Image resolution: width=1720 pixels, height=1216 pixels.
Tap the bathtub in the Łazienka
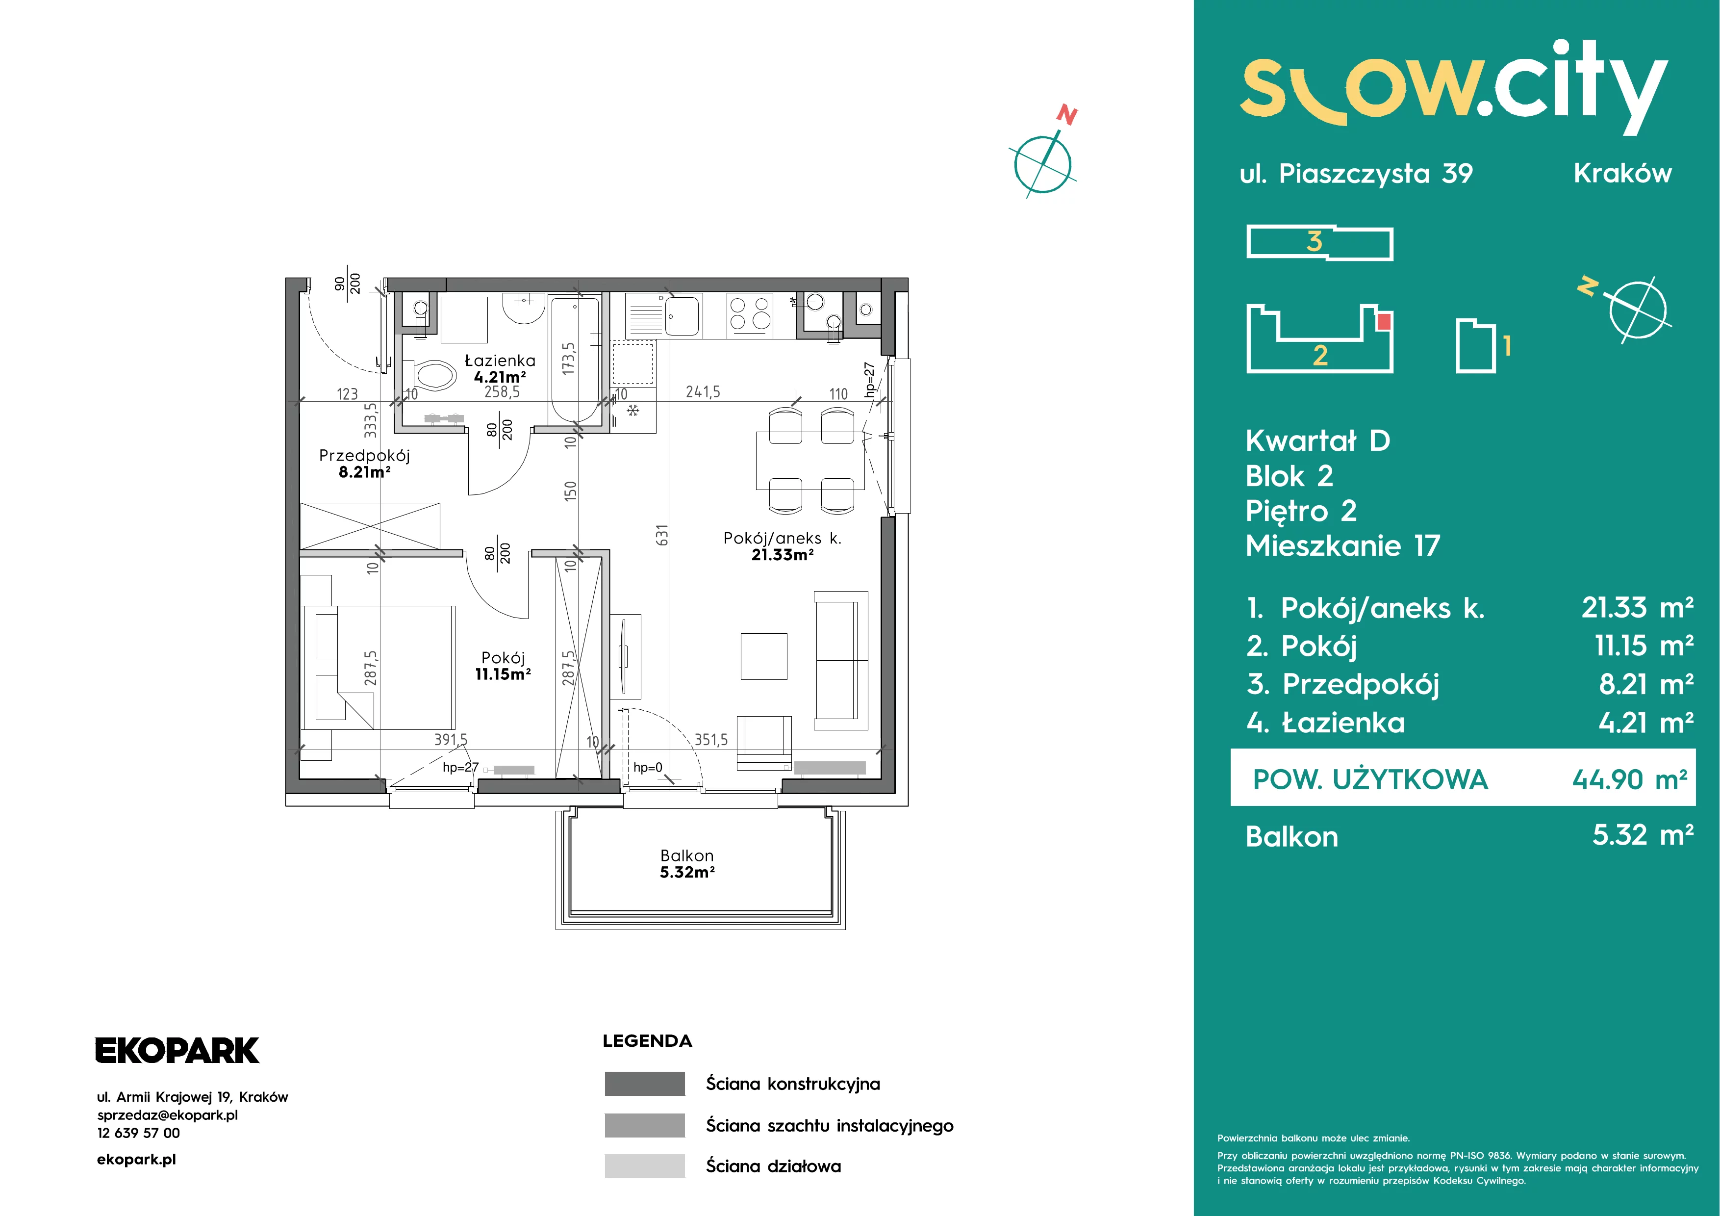point(575,360)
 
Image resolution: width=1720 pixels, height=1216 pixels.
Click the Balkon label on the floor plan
point(686,855)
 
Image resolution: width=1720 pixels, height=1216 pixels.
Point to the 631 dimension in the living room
point(661,536)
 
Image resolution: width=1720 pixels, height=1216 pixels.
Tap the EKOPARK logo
point(177,1050)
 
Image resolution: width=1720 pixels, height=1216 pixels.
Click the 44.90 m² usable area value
point(1629,779)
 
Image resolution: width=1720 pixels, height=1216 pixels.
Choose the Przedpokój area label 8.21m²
point(365,472)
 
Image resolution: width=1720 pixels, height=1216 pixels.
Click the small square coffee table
point(764,656)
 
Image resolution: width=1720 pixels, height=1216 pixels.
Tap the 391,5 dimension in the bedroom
point(450,740)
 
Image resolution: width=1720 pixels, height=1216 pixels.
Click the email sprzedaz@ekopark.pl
point(168,1115)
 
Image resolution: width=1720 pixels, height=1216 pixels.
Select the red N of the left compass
point(1067,115)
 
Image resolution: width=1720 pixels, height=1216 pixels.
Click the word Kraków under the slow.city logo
point(1622,173)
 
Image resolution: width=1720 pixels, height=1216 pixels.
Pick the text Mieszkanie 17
point(1342,545)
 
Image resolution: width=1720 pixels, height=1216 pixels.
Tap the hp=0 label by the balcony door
point(648,767)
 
